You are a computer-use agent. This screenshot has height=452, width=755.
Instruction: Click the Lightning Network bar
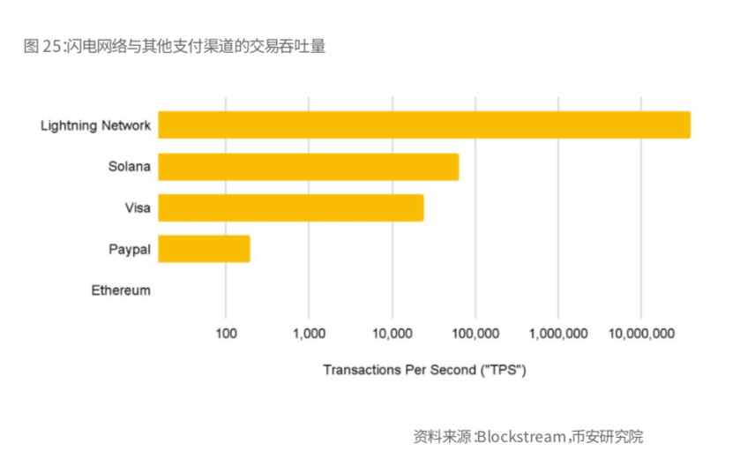point(423,125)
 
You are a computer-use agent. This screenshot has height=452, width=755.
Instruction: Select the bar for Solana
point(308,167)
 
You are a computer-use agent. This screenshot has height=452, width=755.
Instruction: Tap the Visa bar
point(290,207)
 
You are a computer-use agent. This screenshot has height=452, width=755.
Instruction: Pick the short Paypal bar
point(204,249)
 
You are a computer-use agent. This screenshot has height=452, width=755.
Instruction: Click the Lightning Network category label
point(96,125)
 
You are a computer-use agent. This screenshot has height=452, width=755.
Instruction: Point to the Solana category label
point(130,167)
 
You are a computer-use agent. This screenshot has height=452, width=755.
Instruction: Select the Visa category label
point(138,208)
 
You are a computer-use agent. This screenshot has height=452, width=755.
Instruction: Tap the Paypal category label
point(130,249)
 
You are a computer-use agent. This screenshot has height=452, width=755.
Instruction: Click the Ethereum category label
point(121,290)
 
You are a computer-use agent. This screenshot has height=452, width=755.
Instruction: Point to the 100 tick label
point(226,334)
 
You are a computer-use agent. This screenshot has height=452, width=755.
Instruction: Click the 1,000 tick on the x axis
point(309,334)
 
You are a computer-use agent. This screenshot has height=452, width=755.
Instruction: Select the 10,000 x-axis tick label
point(392,334)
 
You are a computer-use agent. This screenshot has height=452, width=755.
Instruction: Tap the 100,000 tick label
point(475,334)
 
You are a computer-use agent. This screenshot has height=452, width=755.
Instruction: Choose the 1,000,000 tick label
point(557,334)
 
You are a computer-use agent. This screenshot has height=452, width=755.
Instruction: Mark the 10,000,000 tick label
point(641,334)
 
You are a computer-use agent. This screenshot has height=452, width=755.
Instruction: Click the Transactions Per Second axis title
point(424,369)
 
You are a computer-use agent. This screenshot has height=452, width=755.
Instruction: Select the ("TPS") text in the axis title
point(503,369)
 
